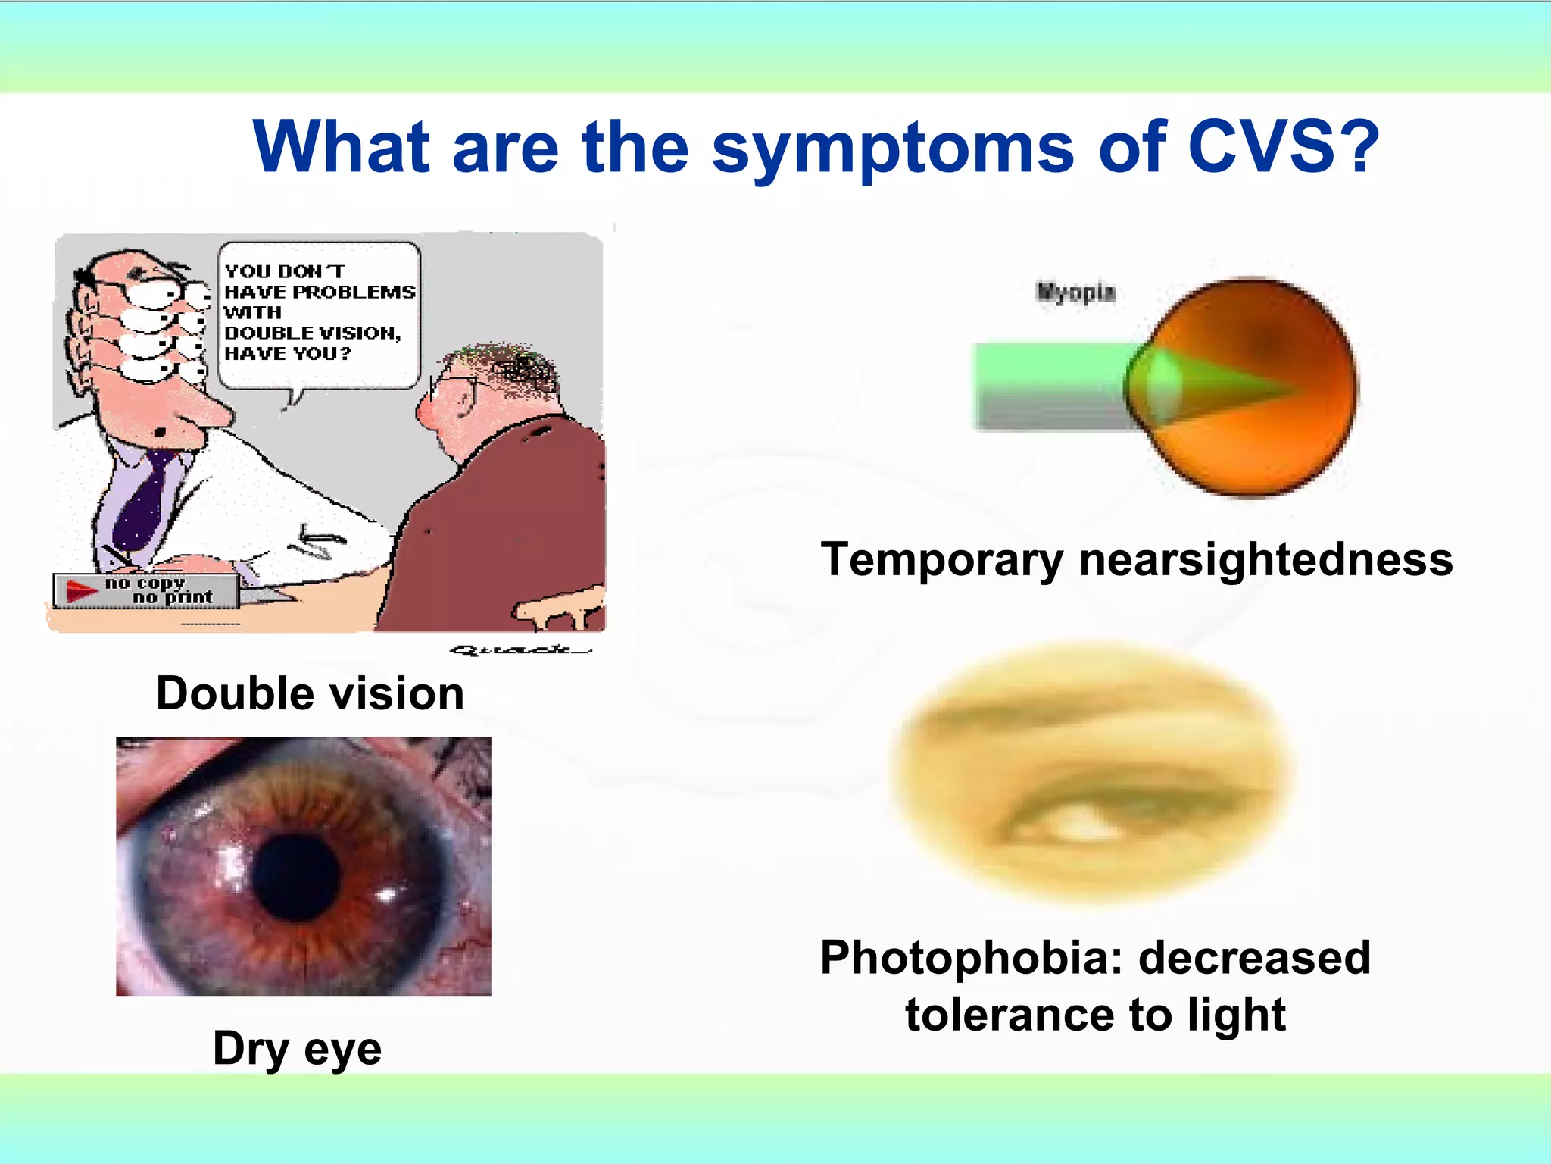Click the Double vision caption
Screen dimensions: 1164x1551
tap(310, 693)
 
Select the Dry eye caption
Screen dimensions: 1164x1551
tap(297, 1048)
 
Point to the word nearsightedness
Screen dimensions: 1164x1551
tap(1265, 559)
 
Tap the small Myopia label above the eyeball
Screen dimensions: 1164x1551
tap(1075, 292)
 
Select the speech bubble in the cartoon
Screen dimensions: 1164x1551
tap(319, 314)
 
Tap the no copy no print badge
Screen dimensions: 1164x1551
tap(146, 590)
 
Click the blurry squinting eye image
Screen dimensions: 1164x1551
tap(1091, 773)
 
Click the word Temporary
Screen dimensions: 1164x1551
tap(942, 559)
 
